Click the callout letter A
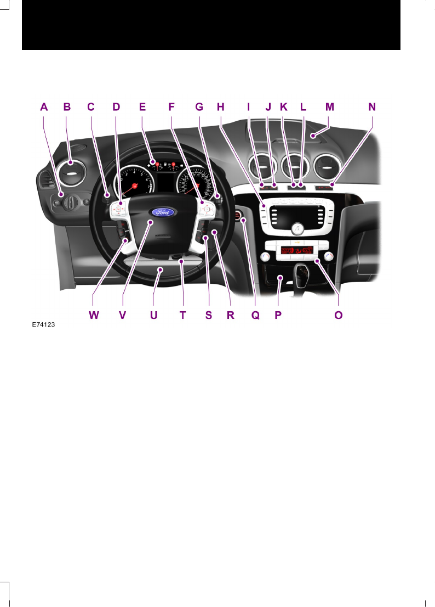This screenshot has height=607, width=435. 44,108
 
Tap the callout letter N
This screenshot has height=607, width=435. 372,108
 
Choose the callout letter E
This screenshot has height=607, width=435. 142,108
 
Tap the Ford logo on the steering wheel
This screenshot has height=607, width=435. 163,212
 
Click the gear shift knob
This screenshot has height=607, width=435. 303,271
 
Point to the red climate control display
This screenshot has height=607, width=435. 296,252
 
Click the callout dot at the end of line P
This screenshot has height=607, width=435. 279,279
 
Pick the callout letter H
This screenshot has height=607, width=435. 220,108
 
